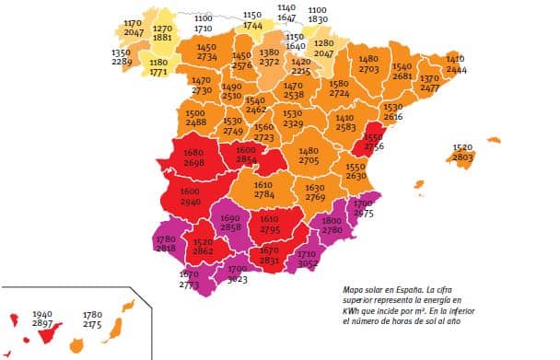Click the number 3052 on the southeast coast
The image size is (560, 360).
[x=309, y=262]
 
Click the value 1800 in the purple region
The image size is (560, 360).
[x=332, y=221]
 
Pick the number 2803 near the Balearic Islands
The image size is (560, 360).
[x=463, y=157]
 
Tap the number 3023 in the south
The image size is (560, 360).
[x=238, y=278]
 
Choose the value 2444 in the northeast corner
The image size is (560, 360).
[x=456, y=69]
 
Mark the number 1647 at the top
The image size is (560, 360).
[x=286, y=17]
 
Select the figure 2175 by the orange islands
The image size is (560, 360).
[x=92, y=324]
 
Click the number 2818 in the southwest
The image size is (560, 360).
[x=166, y=249]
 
